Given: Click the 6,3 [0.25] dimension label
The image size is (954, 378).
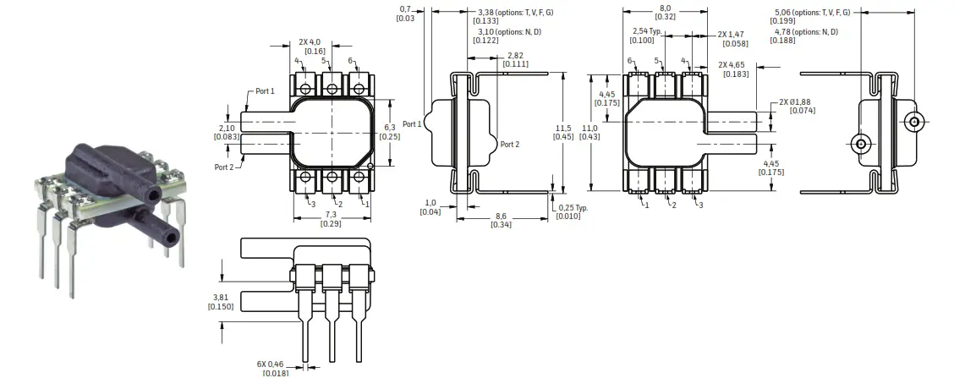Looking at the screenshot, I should pyautogui.click(x=390, y=132).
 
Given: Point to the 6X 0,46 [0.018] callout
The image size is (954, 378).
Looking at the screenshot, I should pyautogui.click(x=275, y=368).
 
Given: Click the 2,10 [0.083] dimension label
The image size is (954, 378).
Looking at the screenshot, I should pyautogui.click(x=227, y=132).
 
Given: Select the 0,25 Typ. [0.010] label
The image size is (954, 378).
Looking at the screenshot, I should pyautogui.click(x=573, y=211).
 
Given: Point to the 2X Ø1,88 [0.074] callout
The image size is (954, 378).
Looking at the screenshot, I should pyautogui.click(x=797, y=106).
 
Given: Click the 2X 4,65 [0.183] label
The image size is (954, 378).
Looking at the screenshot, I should pyautogui.click(x=733, y=69).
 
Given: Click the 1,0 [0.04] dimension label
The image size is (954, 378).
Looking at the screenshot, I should pyautogui.click(x=432, y=207).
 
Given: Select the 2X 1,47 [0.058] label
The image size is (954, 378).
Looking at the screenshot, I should pyautogui.click(x=733, y=38).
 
